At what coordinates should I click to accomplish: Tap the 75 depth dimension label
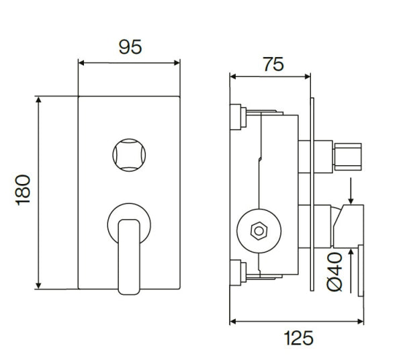pyautogui.click(x=272, y=64)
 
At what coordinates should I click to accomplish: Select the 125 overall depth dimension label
pyautogui.click(x=298, y=338)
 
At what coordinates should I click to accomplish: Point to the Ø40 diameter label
pyautogui.click(x=336, y=270)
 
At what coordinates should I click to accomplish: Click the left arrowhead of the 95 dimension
pyautogui.click(x=82, y=63)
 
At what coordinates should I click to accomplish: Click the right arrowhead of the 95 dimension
pyautogui.click(x=177, y=63)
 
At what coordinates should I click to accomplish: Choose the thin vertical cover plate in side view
pyautogui.click(x=312, y=195)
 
